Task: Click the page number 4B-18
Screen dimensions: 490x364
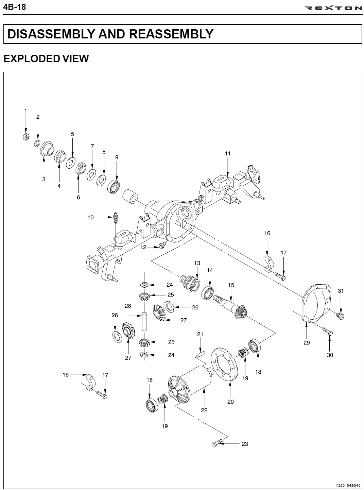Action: (14, 7)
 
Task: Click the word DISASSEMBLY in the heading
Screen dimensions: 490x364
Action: (50, 34)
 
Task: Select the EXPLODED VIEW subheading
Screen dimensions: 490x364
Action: (46, 58)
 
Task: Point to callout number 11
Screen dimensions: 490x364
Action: (228, 153)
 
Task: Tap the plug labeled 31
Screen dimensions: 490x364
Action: (341, 316)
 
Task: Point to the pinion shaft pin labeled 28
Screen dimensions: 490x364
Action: (144, 322)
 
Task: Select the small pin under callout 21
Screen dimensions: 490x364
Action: (200, 354)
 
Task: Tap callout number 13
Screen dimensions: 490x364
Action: (197, 263)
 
